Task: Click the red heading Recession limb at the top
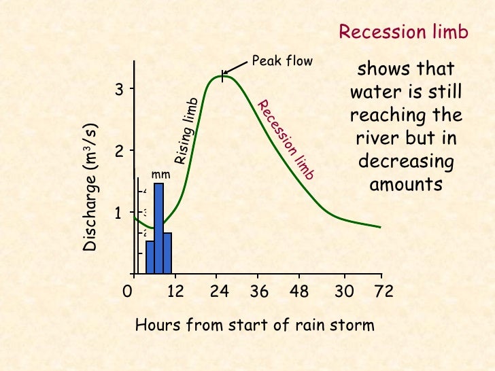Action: click(403, 33)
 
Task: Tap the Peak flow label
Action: click(281, 61)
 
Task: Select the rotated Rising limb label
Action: click(186, 130)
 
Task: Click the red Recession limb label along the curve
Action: click(286, 140)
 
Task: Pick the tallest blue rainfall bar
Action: click(158, 228)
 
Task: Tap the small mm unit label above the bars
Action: click(160, 175)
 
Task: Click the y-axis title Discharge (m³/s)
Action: click(91, 188)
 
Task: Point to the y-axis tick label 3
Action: click(118, 90)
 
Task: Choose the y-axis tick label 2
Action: click(118, 152)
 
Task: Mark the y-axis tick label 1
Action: click(118, 213)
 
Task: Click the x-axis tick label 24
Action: click(218, 292)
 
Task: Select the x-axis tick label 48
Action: click(298, 292)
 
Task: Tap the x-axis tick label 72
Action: click(384, 292)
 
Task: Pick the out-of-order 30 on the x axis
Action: click(345, 292)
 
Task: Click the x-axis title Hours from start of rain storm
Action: click(255, 325)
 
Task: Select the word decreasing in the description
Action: click(406, 162)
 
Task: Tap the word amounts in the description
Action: click(406, 184)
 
